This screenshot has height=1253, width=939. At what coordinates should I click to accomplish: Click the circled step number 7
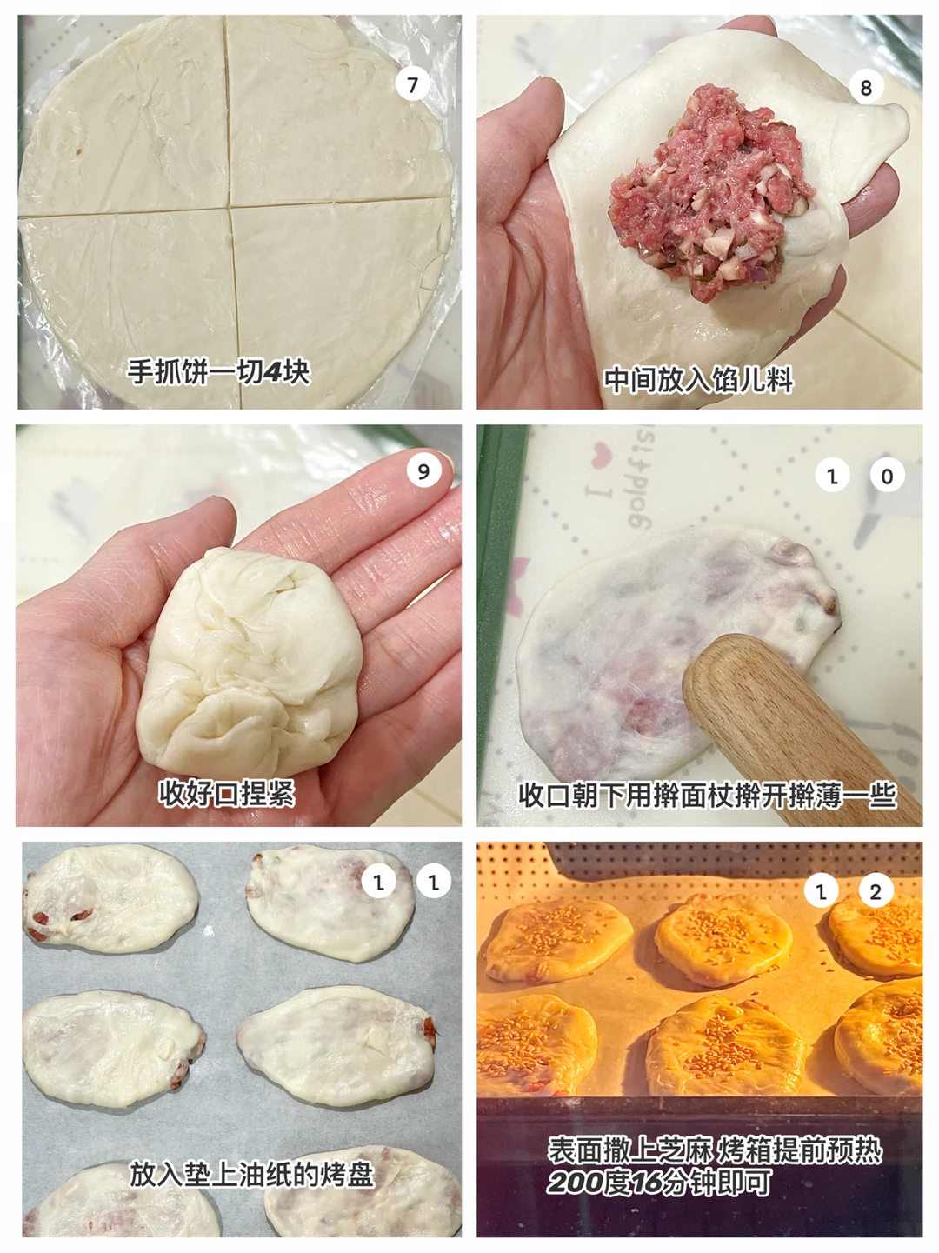pyautogui.click(x=412, y=84)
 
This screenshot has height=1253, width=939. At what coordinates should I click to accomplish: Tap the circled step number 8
pyautogui.click(x=866, y=88)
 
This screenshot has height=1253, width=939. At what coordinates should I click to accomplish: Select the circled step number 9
pyautogui.click(x=423, y=471)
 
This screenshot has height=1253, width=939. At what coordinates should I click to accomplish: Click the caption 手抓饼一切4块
pyautogui.click(x=218, y=372)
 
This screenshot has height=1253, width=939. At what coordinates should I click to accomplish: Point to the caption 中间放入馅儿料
pyautogui.click(x=699, y=380)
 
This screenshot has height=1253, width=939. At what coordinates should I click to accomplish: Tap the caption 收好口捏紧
pyautogui.click(x=226, y=793)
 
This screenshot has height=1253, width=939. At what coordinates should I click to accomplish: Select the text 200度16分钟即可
pyautogui.click(x=658, y=1182)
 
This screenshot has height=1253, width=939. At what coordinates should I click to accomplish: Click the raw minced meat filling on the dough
pyautogui.click(x=710, y=191)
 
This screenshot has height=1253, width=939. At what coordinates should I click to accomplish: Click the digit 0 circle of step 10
pyautogui.click(x=887, y=476)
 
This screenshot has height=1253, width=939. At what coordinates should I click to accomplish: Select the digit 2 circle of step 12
pyautogui.click(x=875, y=891)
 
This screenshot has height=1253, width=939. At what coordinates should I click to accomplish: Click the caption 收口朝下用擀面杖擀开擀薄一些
pyautogui.click(x=708, y=795)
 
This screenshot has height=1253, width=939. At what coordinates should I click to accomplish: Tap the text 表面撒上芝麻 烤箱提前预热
pyautogui.click(x=715, y=1150)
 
